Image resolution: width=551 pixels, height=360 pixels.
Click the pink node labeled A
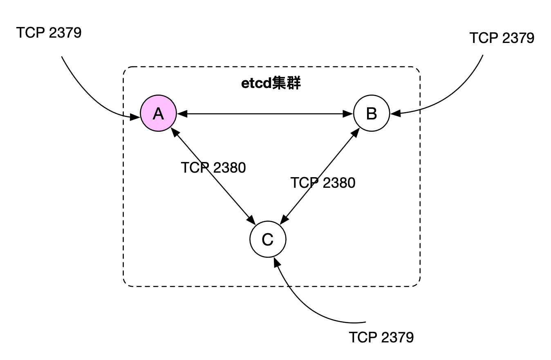coord(158,113)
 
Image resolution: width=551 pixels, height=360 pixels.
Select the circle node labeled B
coord(371,113)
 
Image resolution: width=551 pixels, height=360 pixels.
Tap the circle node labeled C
coord(267,239)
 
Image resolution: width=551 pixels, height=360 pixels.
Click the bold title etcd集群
coord(271,83)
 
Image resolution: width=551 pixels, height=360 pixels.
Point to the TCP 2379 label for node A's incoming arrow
coord(49,33)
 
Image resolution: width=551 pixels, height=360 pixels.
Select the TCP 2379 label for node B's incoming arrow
coord(502,38)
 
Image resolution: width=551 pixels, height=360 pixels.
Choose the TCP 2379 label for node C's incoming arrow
coord(381,337)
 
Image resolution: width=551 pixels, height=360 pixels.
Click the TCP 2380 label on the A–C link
coord(213,168)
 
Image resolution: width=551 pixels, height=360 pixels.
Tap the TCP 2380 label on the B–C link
coord(323,183)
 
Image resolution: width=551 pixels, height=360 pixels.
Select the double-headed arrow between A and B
coord(265,114)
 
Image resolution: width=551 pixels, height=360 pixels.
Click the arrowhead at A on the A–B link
coord(181,114)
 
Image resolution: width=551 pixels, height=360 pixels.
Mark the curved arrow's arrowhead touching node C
coord(276,261)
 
